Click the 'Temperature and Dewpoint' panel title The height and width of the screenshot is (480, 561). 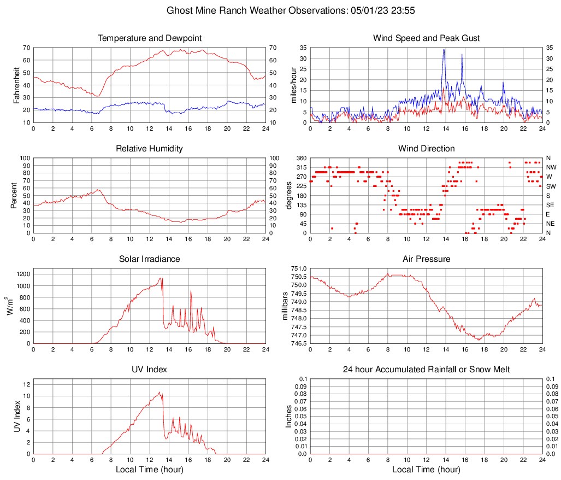(150, 38)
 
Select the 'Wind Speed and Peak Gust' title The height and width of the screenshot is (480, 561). (426, 38)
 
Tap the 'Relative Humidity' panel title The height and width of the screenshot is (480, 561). (150, 149)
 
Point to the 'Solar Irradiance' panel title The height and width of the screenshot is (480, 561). (150, 259)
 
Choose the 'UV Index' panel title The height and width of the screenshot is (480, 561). (150, 370)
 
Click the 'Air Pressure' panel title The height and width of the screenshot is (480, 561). (426, 259)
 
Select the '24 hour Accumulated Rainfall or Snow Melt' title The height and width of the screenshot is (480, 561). (426, 370)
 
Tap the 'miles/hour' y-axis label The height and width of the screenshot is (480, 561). (293, 85)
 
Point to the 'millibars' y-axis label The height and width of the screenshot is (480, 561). (285, 306)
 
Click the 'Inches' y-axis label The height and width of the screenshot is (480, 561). (289, 416)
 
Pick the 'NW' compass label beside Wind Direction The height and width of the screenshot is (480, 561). (552, 167)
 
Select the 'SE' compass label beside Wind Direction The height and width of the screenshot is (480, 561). (551, 205)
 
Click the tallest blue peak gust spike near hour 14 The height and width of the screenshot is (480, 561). (444, 50)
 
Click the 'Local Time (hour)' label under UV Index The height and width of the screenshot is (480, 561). (150, 470)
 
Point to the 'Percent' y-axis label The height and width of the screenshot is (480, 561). (14, 195)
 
